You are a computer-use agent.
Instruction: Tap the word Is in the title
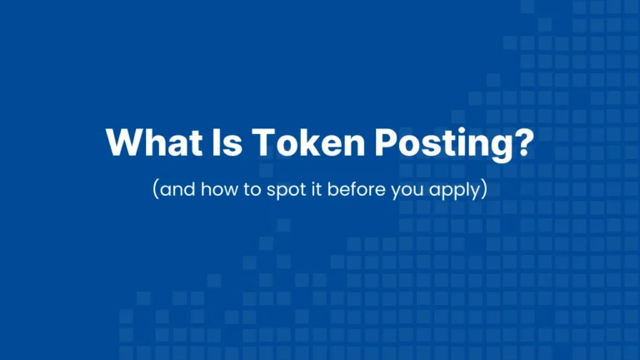tap(213, 143)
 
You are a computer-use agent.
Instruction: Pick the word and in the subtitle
tap(174, 188)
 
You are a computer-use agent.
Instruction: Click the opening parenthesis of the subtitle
tap(155, 189)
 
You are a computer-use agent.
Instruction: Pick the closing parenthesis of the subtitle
tap(482, 189)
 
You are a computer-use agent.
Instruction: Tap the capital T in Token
tap(247, 143)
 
